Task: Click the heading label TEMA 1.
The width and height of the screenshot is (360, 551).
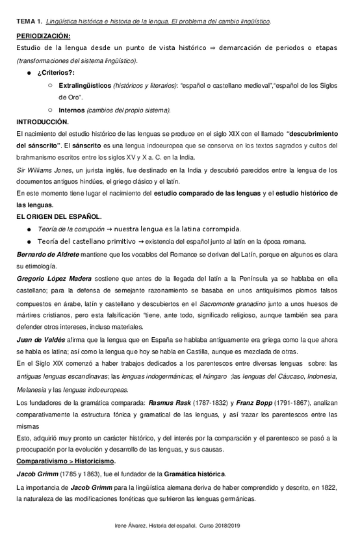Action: tap(29, 22)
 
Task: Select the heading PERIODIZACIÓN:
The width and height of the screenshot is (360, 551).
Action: tap(44, 36)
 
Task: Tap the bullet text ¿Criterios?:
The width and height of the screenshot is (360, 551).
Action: tap(56, 73)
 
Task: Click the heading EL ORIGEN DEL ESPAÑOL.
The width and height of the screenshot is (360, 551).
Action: tap(58, 217)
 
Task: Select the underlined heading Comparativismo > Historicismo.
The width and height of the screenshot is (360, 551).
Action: tap(66, 461)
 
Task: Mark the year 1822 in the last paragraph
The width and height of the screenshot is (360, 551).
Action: tap(325, 487)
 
